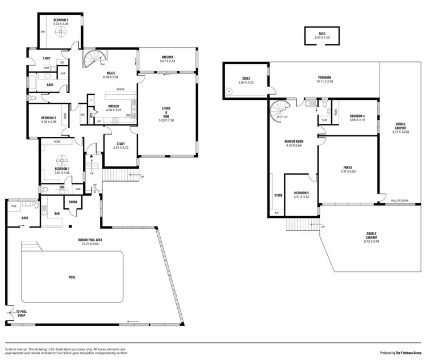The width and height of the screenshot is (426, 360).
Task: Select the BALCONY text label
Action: (167, 57)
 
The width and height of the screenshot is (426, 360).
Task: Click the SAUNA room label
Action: (73, 202)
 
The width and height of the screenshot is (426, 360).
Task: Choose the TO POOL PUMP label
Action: (22, 312)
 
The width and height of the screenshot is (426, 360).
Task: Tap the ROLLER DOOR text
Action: (400, 201)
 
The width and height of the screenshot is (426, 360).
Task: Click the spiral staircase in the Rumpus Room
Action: (280, 108)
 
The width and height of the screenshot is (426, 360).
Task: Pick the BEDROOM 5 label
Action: (302, 193)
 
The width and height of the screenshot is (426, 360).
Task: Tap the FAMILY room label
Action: (347, 168)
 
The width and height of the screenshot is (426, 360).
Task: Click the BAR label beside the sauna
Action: (57, 214)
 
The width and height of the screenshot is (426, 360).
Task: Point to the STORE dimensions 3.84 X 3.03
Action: (246, 83)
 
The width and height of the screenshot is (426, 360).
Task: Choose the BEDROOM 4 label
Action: (357, 116)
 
